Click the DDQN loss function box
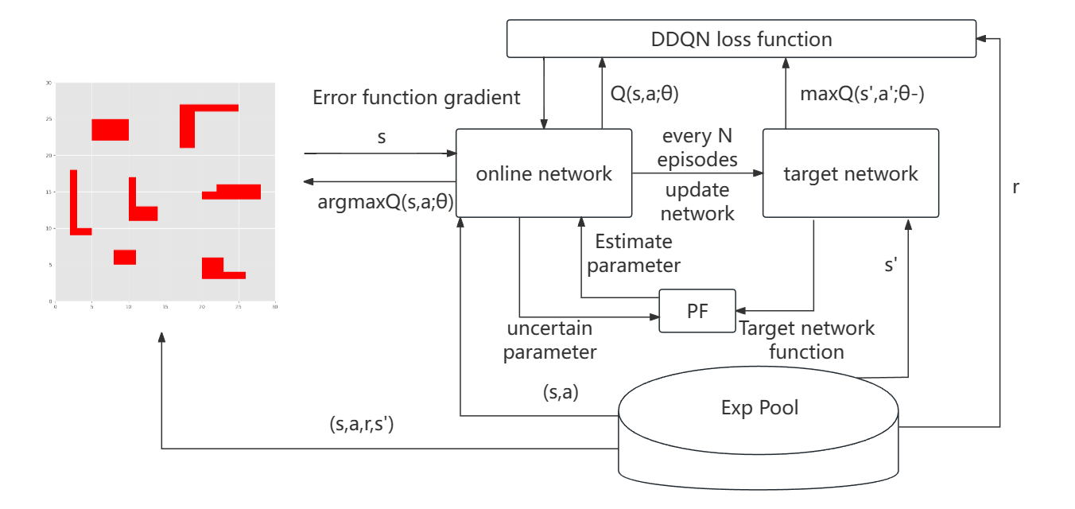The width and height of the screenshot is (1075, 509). point(741,39)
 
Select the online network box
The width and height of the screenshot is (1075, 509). point(544,173)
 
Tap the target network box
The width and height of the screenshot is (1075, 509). point(850,173)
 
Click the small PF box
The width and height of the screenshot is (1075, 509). point(697,311)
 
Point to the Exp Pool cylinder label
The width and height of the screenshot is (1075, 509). point(759,408)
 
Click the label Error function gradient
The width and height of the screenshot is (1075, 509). point(417,98)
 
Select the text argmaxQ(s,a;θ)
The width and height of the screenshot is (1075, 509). point(386,202)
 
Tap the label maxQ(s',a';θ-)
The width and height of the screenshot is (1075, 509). point(861,95)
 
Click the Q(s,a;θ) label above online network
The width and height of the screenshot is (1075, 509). point(644,95)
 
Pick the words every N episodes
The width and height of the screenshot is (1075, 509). point(700,147)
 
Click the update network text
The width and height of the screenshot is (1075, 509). point(698,202)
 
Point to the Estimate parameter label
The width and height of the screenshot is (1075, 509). point(634,253)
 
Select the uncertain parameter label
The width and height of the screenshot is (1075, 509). point(549,340)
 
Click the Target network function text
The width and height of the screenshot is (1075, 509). point(806,340)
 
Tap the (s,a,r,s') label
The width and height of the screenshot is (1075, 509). point(362,424)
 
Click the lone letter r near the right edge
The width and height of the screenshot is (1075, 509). point(1016,188)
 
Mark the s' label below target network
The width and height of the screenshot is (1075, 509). point(891,266)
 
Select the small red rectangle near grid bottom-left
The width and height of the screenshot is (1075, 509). point(125,257)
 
